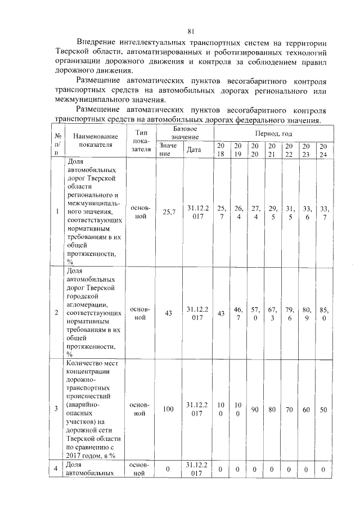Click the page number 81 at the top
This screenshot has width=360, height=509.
pos(191,31)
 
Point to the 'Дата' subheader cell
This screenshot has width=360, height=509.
pos(193,150)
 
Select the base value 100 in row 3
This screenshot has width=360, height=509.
pos(168,409)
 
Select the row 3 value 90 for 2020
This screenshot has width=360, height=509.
pos(255,409)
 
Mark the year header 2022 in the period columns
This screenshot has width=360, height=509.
pos(289,150)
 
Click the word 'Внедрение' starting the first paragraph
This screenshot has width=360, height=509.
pos(96,42)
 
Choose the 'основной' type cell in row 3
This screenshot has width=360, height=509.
pos(140,409)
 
